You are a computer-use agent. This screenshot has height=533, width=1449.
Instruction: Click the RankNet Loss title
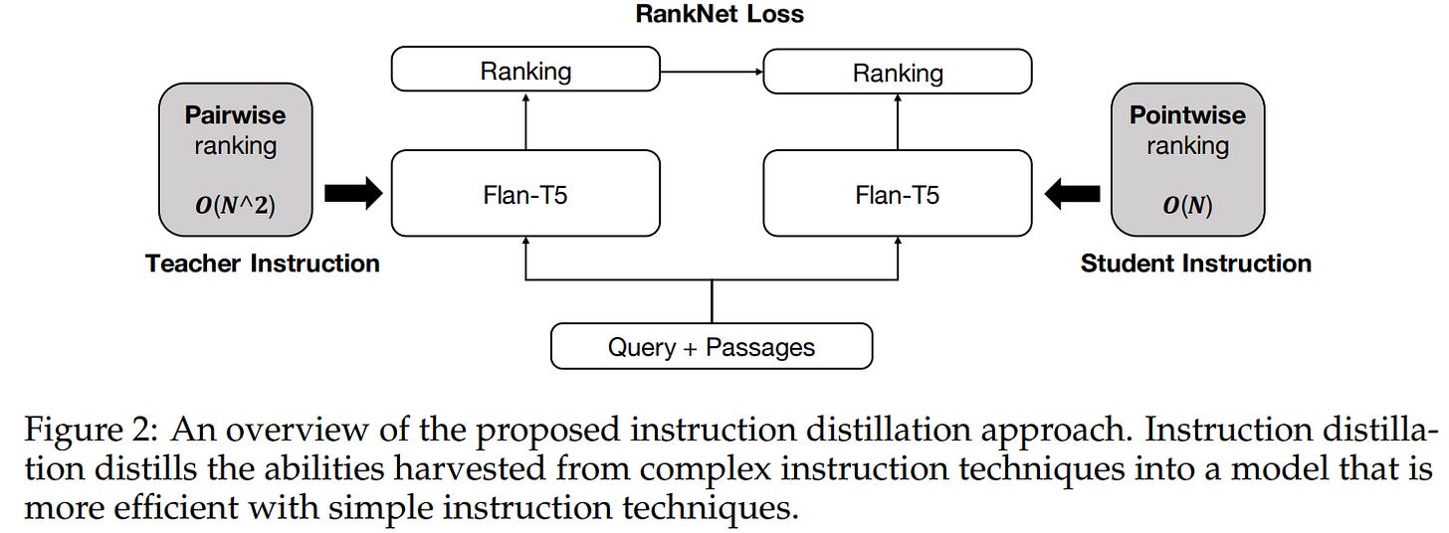point(719,14)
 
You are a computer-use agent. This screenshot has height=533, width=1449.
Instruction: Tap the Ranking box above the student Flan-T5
point(898,72)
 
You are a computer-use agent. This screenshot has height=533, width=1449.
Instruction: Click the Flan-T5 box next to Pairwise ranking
point(525,194)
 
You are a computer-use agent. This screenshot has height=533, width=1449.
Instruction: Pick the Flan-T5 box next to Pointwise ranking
point(898,194)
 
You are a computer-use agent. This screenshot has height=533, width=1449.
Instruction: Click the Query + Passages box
point(712,347)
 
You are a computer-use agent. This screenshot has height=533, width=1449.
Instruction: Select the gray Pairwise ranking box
point(235,159)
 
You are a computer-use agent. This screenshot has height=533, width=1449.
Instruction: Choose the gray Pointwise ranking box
point(1187,159)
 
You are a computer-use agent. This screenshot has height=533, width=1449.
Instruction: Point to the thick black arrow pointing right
point(353,194)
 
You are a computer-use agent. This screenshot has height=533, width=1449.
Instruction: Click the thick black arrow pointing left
point(1072,194)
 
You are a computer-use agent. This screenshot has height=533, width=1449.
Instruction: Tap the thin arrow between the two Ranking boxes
point(712,72)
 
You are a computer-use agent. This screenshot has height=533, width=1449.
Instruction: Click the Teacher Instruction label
point(263,264)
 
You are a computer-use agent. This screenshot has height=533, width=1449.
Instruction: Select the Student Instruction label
point(1195,264)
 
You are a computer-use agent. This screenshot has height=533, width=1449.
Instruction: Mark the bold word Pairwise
point(235,115)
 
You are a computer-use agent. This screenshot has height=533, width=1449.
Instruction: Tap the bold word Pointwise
point(1187,115)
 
